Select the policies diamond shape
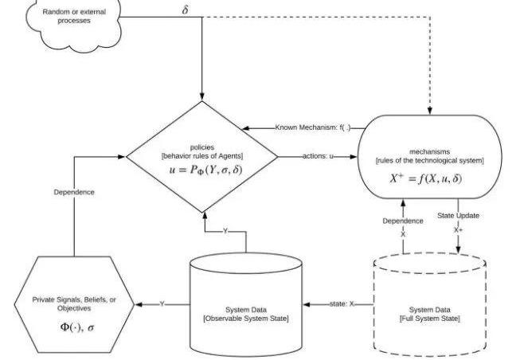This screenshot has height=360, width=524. [x=202, y=156]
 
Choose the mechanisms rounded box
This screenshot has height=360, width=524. [x=432, y=156]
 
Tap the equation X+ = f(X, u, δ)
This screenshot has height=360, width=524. [x=431, y=178]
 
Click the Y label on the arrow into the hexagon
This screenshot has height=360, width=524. [x=162, y=303]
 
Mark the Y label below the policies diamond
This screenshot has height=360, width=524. [x=225, y=230]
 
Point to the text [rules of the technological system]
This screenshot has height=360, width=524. [x=431, y=160]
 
